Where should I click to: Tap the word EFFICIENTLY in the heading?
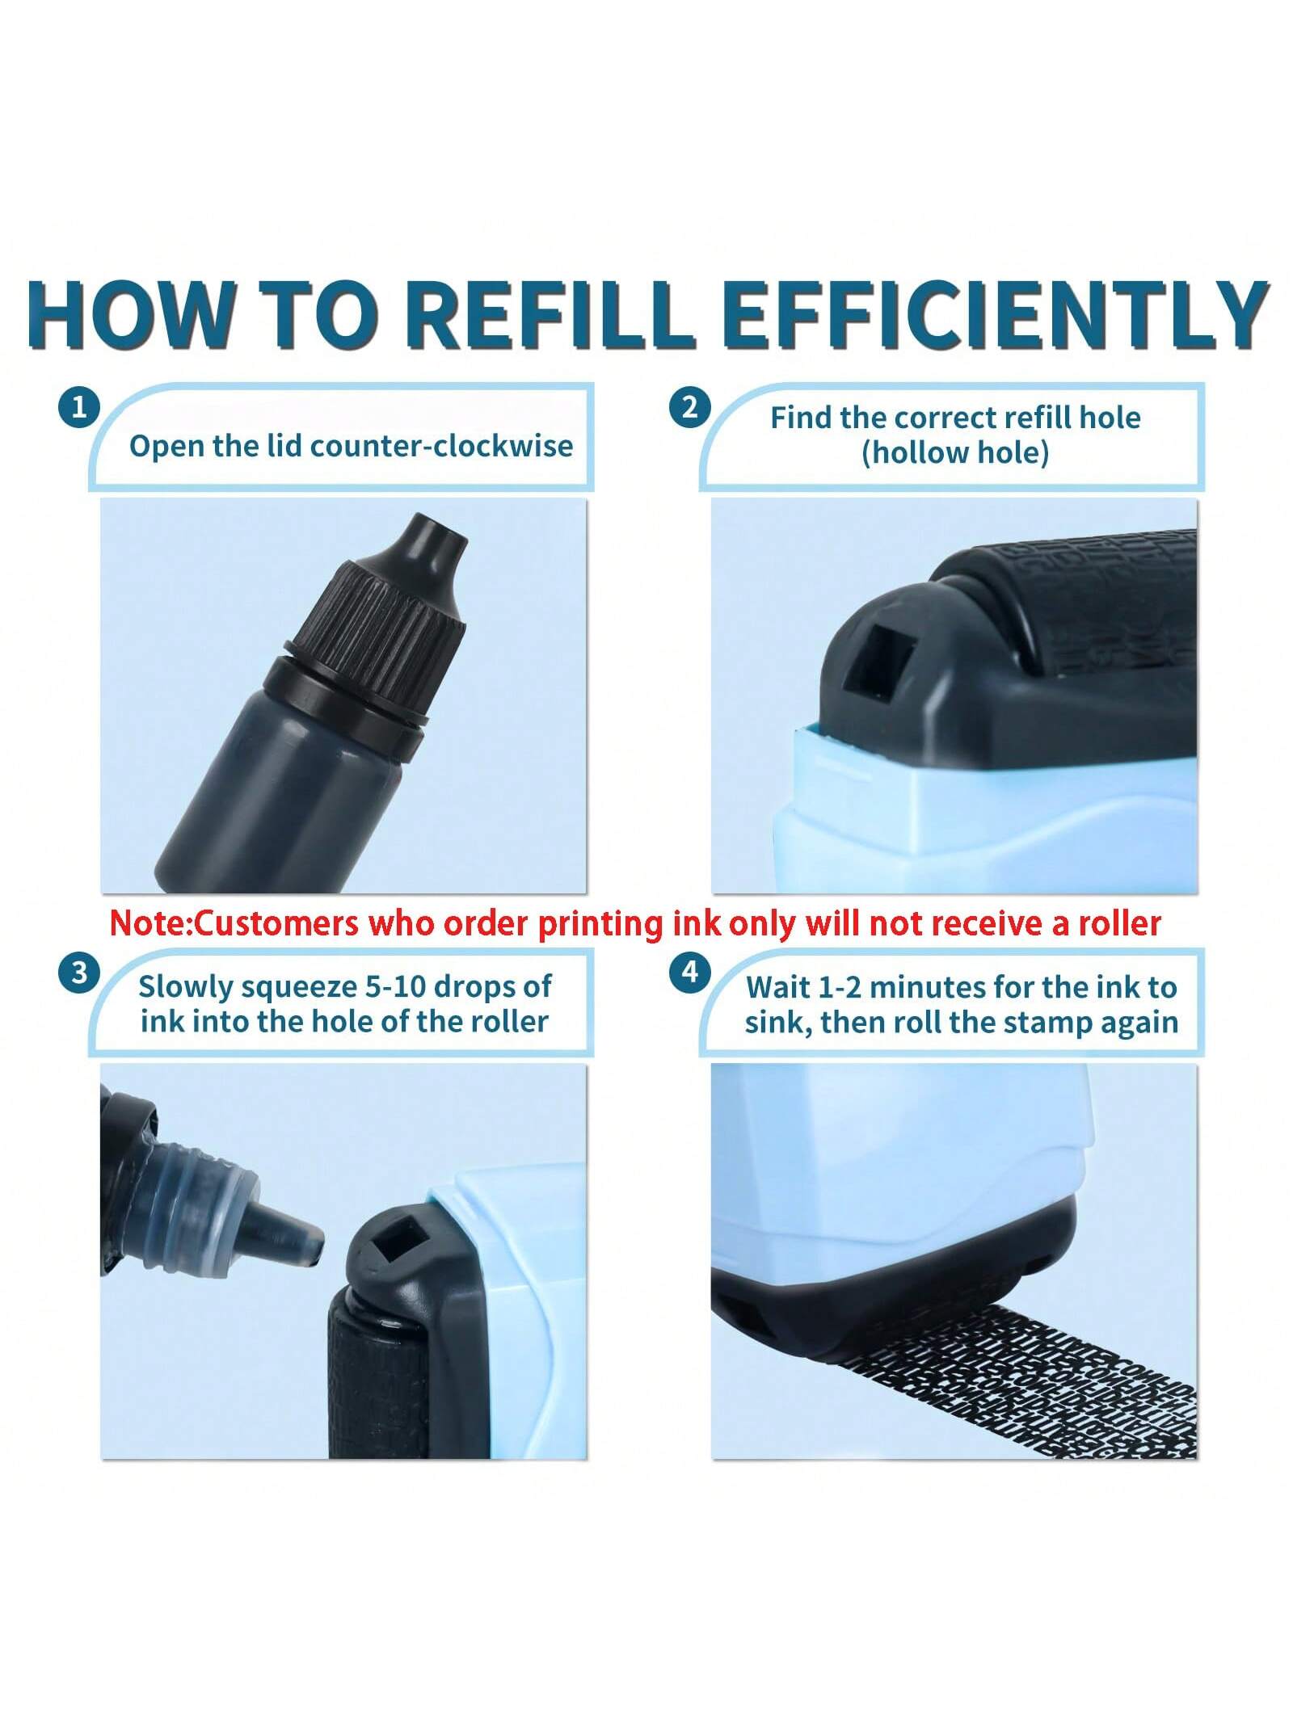tap(995, 314)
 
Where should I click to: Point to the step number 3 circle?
tap(78, 973)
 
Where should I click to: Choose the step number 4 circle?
tap(689, 973)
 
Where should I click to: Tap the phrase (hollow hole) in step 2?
tap(955, 452)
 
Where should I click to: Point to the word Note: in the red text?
tap(150, 922)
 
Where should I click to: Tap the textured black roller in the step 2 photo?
tap(1075, 602)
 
